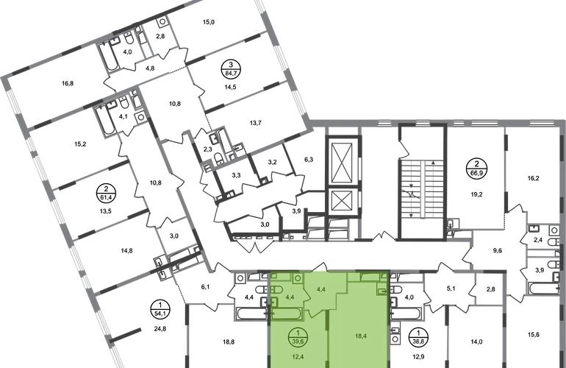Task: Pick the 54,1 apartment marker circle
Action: tap(160, 309)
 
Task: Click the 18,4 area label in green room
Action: tap(361, 336)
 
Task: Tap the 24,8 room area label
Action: tap(160, 329)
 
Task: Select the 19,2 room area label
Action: tap(476, 194)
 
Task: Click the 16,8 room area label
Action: tap(68, 83)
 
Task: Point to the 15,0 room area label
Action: tap(209, 22)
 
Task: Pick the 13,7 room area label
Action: tap(256, 123)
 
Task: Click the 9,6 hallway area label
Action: tap(498, 250)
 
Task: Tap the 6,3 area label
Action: tap(309, 160)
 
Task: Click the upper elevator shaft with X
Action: tap(342, 162)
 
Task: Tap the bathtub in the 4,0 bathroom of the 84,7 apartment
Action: tap(109, 57)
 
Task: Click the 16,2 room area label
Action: tap(533, 178)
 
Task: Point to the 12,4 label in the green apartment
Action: tap(298, 357)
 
